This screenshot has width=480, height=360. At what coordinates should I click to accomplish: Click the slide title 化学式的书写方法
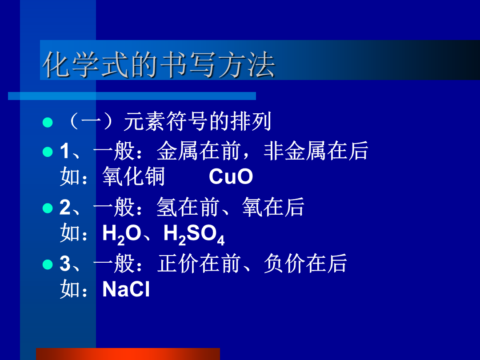159,64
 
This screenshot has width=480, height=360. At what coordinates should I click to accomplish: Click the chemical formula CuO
231,176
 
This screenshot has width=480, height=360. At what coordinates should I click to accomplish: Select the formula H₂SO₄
194,235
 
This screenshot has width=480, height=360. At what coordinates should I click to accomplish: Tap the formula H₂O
121,235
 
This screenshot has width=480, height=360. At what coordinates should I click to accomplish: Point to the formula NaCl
126,289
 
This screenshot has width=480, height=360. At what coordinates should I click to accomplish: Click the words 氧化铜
133,176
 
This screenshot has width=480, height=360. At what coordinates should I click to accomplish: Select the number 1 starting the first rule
64,151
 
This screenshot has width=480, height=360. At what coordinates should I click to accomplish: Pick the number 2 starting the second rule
65,207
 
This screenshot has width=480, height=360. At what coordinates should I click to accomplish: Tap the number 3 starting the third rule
65,264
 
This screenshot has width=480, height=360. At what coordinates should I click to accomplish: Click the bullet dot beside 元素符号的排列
48,122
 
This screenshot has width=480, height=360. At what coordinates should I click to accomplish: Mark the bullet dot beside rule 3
48,264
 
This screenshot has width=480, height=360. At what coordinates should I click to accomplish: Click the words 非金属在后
316,151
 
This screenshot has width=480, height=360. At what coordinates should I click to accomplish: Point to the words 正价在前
199,264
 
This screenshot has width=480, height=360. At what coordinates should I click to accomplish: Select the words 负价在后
305,264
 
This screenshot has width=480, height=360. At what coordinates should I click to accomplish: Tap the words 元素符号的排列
197,121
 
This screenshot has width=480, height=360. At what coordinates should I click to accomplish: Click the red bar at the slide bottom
128,354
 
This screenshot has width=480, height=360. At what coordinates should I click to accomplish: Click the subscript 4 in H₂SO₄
221,240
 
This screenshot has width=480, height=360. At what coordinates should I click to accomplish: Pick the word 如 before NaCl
70,289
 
